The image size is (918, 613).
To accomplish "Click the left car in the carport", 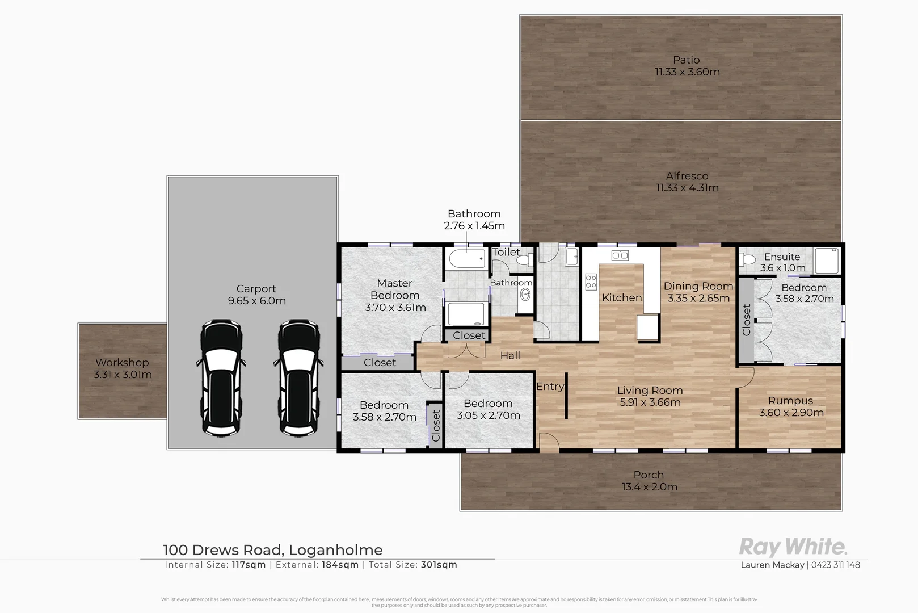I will tap(221, 378).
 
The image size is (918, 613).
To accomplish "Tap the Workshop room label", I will tap(122, 362).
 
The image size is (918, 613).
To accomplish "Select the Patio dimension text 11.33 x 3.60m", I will tap(687, 72).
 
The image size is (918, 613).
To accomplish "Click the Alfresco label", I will tap(687, 176).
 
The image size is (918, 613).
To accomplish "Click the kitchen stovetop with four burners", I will tap(591, 281).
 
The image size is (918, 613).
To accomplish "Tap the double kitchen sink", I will tap(620, 255).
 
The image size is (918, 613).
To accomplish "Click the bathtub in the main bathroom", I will tap(466, 259).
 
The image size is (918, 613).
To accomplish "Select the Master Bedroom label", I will tap(395, 289).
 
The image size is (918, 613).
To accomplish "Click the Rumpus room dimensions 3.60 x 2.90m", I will tap(791, 413).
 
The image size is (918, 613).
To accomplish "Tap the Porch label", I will tap(649, 475).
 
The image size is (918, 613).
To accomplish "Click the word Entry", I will tap(550, 387).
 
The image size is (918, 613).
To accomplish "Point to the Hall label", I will tap(510, 356).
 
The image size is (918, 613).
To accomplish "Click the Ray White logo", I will tap(793, 547).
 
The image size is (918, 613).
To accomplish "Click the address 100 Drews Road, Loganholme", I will tap(273, 550).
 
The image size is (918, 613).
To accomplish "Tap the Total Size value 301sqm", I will tap(439, 565).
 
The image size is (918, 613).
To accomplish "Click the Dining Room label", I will tap(698, 287).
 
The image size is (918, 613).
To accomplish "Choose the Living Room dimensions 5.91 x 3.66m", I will tap(650, 402).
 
